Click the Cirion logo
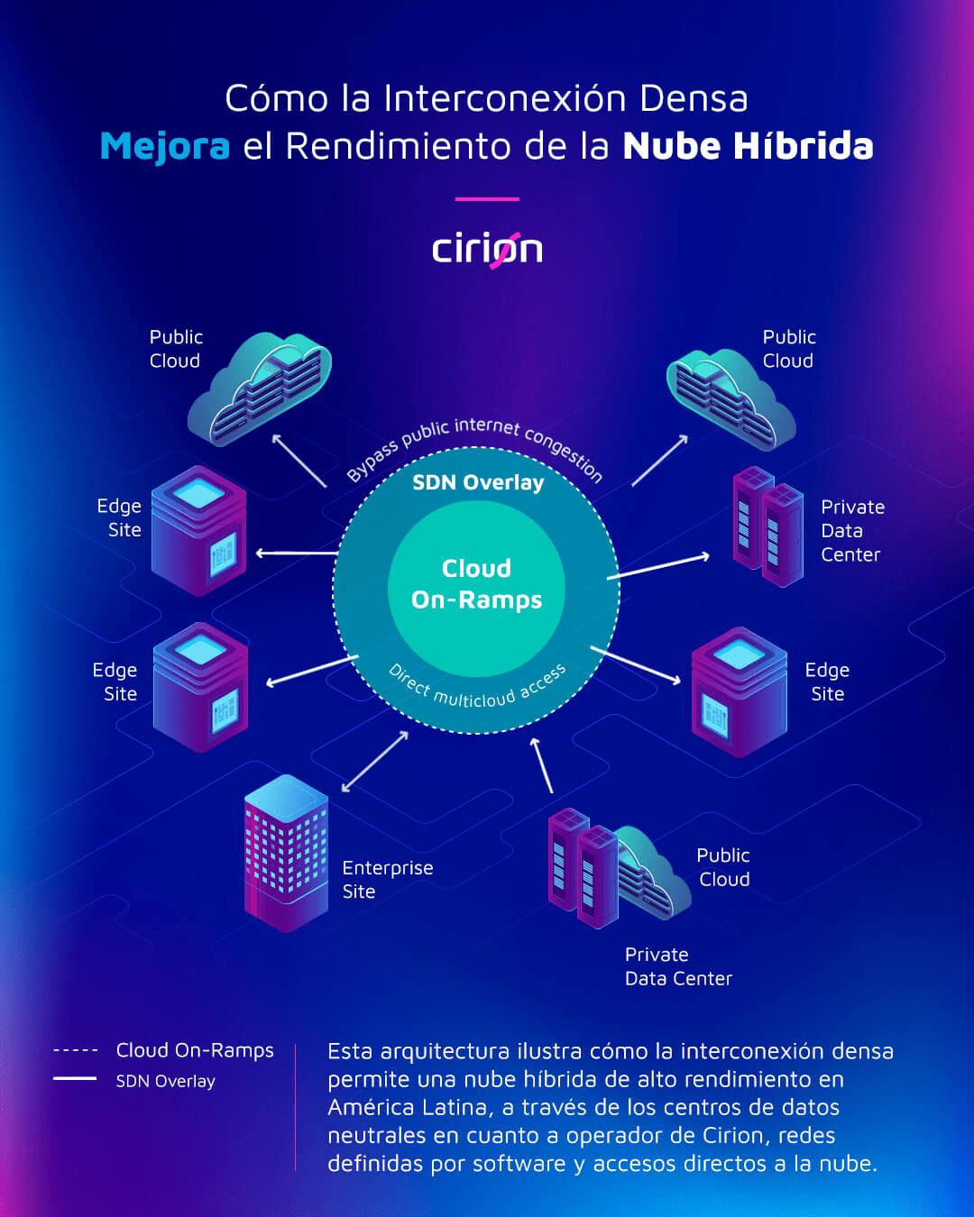click(x=487, y=251)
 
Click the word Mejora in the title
click(x=165, y=147)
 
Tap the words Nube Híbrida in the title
click(x=749, y=145)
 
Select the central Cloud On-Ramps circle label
click(x=476, y=584)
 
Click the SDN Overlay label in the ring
click(x=478, y=482)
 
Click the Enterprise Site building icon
click(x=287, y=854)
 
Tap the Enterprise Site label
click(x=388, y=879)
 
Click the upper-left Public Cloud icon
click(x=260, y=389)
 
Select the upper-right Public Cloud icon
click(x=731, y=399)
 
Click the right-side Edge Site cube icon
click(x=740, y=691)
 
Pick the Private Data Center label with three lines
click(x=853, y=531)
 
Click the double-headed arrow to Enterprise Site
click(x=374, y=762)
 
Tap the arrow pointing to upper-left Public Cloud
click(x=299, y=461)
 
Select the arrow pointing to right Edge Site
click(x=636, y=665)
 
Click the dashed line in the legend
click(x=75, y=1051)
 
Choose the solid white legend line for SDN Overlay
click(x=75, y=1078)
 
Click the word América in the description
click(x=371, y=1106)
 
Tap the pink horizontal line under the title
click(x=487, y=199)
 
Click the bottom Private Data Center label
click(x=678, y=966)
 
